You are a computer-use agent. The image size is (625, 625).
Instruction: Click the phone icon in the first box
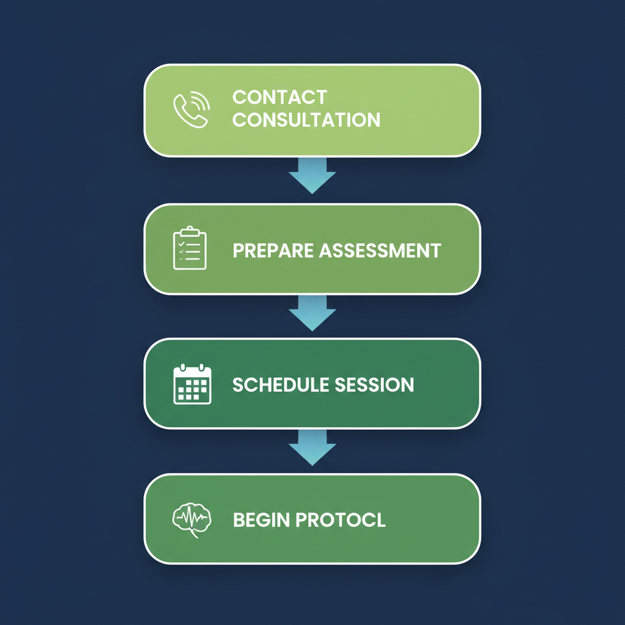click(191, 110)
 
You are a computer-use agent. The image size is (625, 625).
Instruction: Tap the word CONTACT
click(280, 97)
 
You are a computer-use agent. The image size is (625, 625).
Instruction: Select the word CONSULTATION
click(306, 120)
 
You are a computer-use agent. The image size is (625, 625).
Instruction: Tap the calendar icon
click(192, 385)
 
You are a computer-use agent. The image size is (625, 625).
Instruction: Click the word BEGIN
click(261, 520)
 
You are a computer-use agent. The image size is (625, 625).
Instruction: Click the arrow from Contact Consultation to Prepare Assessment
click(312, 175)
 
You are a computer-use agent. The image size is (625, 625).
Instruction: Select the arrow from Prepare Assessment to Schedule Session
click(312, 312)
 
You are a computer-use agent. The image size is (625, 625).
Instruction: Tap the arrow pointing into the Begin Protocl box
click(312, 447)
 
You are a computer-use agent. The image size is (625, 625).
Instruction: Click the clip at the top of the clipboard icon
click(190, 231)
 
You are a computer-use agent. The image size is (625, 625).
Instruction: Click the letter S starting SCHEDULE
click(238, 385)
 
